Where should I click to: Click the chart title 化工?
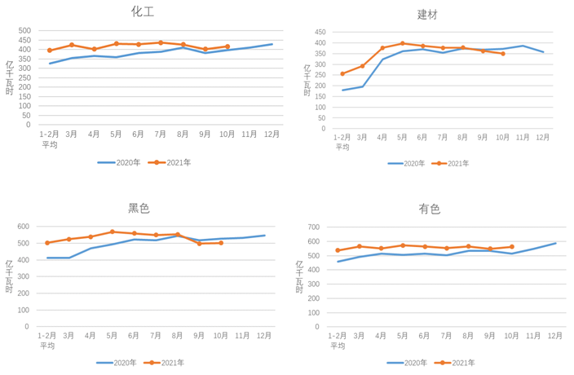click(144, 11)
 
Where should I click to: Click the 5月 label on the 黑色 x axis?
click(113, 335)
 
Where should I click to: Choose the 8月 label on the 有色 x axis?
click(468, 335)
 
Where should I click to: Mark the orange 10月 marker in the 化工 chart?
click(227, 46)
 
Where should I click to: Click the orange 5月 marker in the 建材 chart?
click(402, 43)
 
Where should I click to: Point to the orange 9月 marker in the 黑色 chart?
click(200, 244)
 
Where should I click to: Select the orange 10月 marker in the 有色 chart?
click(512, 246)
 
